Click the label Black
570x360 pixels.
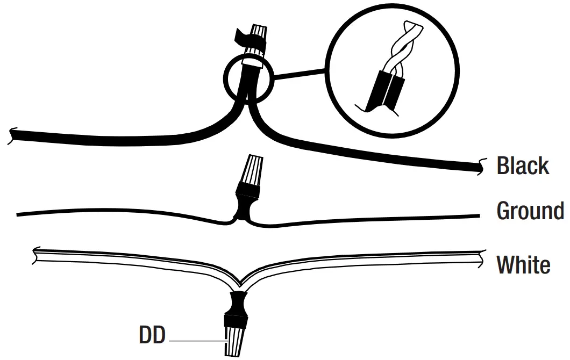523,165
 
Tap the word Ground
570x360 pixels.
530,211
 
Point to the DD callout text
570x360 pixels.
152,336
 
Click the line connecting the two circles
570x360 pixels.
301,76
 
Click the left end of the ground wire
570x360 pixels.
19,215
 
